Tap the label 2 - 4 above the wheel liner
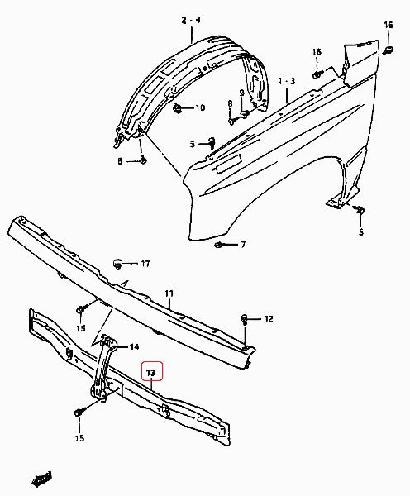[191, 20]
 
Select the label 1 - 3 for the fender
[287, 81]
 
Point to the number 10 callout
[200, 107]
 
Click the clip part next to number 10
[178, 109]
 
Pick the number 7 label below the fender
[243, 245]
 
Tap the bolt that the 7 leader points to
[219, 245]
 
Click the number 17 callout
[145, 264]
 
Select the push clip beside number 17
[117, 264]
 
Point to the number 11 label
[169, 293]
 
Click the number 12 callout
[269, 319]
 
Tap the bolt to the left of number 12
[245, 318]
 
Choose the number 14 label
[134, 346]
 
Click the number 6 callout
[120, 161]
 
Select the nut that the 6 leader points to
[143, 160]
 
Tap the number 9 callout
[242, 93]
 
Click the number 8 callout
[230, 103]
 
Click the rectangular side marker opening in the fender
[228, 163]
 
